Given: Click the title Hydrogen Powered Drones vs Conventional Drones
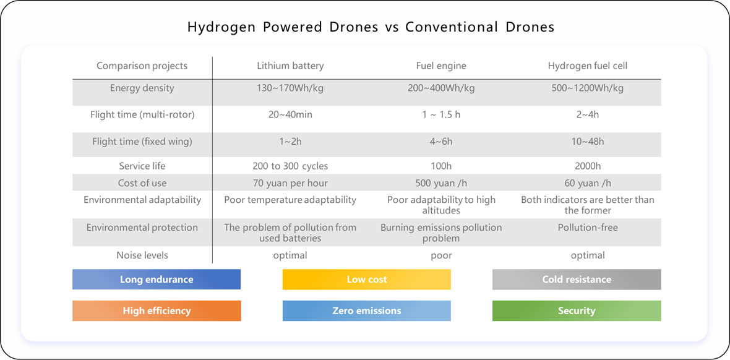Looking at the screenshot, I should click(371, 27).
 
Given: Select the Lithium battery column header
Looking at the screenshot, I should click(290, 66).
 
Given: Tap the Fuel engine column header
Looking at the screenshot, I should click(441, 66).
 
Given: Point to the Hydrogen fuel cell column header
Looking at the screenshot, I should click(587, 66).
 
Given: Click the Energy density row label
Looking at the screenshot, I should click(142, 88).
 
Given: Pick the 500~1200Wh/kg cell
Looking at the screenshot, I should click(587, 88).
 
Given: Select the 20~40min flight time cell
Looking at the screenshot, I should click(290, 114).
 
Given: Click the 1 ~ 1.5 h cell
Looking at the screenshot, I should click(441, 114).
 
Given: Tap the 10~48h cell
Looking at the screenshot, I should click(587, 142).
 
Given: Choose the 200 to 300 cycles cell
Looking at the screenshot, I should click(290, 166).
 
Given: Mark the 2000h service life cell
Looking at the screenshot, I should click(587, 166).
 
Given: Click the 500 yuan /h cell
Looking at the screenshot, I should click(441, 183).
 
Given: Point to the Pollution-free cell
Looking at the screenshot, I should click(587, 228).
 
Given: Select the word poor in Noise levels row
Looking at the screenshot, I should click(441, 255).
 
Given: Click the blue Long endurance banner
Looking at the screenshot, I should click(157, 280).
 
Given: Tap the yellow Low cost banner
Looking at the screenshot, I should click(367, 280).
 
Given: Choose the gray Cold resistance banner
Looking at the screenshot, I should click(577, 280).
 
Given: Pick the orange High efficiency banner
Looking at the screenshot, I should click(157, 311).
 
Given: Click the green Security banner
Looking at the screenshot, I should click(577, 311).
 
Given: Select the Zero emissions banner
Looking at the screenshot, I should click(367, 311).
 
